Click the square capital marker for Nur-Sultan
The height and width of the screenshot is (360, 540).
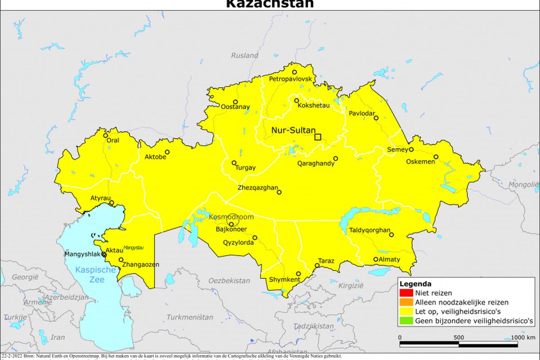coord(318,137)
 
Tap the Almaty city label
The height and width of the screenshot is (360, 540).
coord(390,260)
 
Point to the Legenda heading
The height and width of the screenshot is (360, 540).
coord(416,284)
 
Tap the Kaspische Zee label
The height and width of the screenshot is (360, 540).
coord(90,275)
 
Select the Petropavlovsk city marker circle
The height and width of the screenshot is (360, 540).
coord(295,72)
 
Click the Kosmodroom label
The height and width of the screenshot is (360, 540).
coord(231,217)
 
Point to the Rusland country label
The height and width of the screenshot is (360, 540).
coord(245,55)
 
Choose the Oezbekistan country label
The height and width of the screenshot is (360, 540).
coord(229,281)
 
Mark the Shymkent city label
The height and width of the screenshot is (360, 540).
coord(284,280)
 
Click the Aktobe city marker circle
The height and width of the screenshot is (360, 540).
coord(167,152)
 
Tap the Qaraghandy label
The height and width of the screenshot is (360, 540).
coord(316,164)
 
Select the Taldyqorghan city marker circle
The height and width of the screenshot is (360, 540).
coord(391,234)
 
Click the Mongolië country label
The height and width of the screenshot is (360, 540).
coord(523,184)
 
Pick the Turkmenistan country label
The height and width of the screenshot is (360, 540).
coord(190,317)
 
